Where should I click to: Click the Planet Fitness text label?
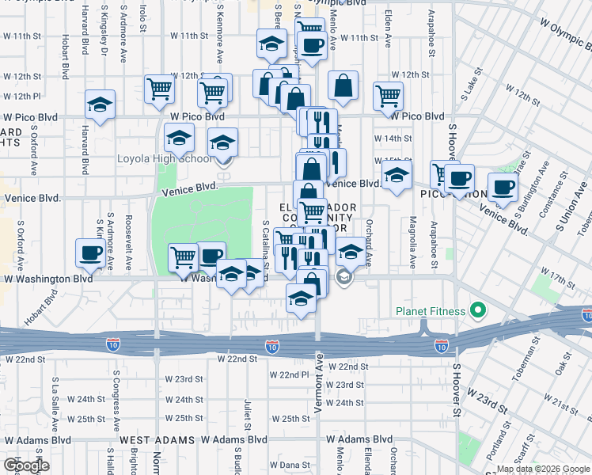tap(431, 311)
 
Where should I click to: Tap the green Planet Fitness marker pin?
tap(477, 310)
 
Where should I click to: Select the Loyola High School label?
tap(165, 158)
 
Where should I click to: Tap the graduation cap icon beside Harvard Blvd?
tap(100, 105)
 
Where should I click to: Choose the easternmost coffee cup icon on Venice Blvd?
tap(502, 188)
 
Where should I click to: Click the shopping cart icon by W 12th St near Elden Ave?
tap(388, 96)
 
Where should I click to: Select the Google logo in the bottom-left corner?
tap(26, 465)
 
